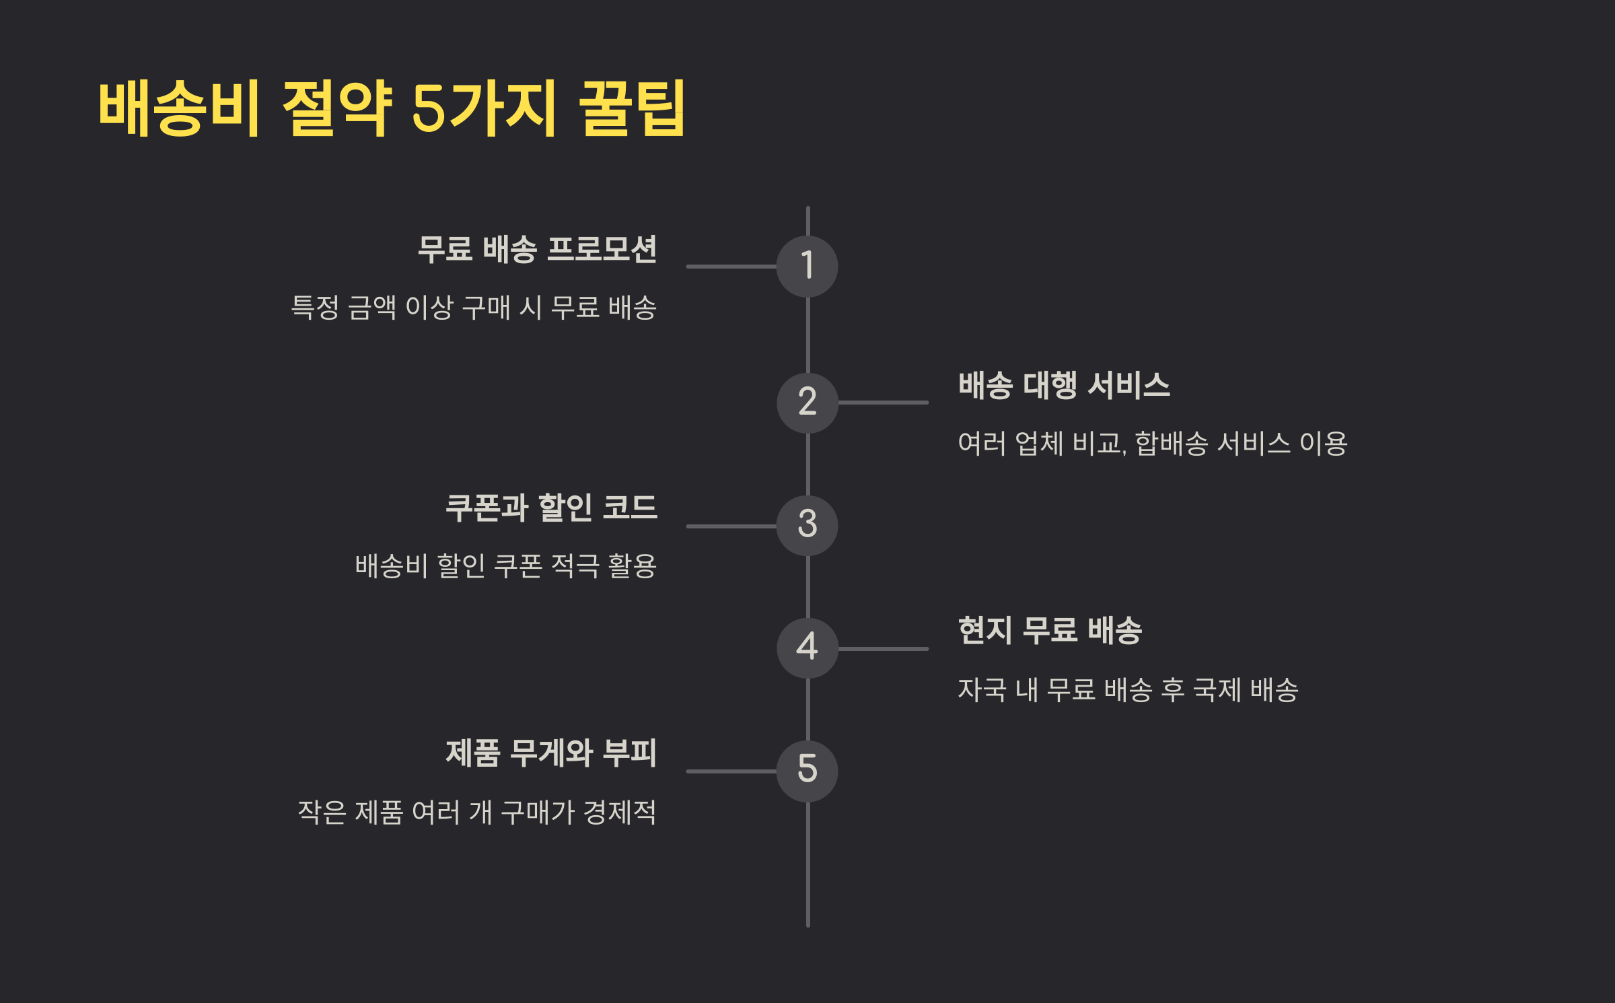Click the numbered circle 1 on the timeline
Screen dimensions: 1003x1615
coord(807,266)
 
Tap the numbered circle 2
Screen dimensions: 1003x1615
coord(807,403)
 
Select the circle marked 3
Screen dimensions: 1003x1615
coord(807,525)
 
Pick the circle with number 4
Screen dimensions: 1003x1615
coord(807,648)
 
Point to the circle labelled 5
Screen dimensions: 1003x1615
coord(807,771)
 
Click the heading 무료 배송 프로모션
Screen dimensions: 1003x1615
coord(536,249)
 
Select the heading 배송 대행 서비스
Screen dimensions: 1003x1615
coord(1064,386)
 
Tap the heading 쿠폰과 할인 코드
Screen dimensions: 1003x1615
coord(551,508)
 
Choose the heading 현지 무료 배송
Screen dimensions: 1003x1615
coord(1050,631)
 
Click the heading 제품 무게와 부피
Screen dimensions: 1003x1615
coord(551,753)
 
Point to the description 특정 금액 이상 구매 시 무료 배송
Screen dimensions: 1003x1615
coord(473,308)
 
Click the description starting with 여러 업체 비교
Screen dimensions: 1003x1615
coord(1152,444)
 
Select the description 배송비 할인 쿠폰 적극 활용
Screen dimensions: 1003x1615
coord(505,566)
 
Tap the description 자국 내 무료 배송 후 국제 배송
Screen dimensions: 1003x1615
coord(1128,690)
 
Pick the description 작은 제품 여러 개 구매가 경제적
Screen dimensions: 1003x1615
coord(476,812)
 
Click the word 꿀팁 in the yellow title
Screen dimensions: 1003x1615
coord(631,108)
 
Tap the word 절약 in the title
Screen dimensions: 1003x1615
coord(336,108)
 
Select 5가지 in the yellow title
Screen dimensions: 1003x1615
coord(483,108)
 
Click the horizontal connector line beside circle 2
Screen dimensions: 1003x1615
coord(883,403)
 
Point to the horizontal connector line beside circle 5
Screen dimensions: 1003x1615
coord(731,771)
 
